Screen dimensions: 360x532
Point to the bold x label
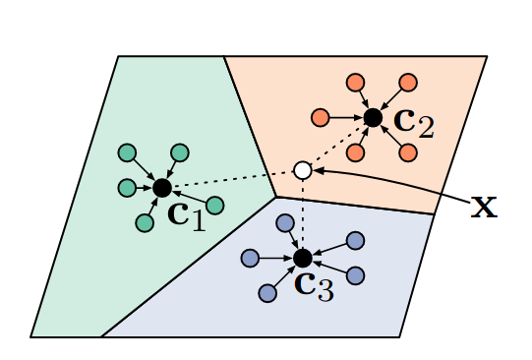click(484, 206)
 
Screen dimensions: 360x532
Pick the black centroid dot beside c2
click(373, 118)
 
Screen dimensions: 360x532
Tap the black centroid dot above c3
click(303, 258)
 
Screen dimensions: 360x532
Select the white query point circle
click(303, 170)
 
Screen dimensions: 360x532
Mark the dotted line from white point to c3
click(303, 214)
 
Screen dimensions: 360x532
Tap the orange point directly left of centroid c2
click(320, 118)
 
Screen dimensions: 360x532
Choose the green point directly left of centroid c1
click(127, 187)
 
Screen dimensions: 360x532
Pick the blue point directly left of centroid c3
click(250, 258)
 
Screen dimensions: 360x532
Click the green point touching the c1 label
click(215, 205)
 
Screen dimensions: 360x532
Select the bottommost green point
click(145, 223)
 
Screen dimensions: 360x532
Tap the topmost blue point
click(284, 222)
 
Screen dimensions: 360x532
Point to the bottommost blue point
click(267, 293)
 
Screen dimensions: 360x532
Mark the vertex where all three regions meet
click(276, 197)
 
